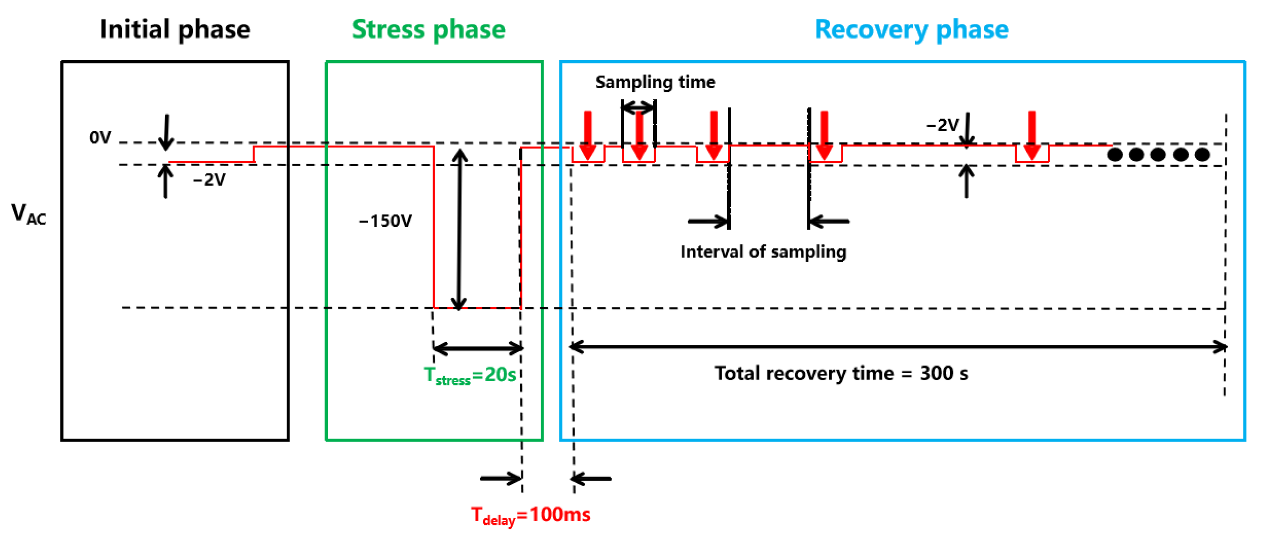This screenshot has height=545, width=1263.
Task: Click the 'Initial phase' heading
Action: coord(175,29)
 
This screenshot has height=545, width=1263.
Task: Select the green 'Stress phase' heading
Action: coord(429,29)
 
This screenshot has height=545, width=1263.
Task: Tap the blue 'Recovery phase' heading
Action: coord(911,29)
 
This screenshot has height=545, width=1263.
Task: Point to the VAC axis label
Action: coord(28,214)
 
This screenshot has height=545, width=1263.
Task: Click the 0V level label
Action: coord(100,138)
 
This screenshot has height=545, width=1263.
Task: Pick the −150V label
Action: coord(385,221)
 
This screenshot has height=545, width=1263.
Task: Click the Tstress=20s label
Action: coord(470,376)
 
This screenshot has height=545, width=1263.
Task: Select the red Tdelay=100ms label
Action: coord(530,515)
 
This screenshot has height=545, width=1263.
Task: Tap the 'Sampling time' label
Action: coord(655,82)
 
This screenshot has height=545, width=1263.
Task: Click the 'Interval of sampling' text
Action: coord(763,252)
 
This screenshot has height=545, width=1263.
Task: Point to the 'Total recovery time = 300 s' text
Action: coord(841,373)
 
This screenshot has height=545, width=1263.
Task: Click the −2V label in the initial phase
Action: coord(209,180)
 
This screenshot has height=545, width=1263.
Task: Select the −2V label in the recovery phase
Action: coord(942,125)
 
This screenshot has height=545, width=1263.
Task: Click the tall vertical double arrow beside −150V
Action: coord(459,230)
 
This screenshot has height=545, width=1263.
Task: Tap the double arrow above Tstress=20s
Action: coord(478,349)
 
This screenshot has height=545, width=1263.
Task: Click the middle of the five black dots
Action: coord(1157,155)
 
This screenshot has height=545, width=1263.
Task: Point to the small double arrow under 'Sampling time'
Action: coord(638,107)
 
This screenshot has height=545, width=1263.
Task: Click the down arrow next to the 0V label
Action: coord(167,133)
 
